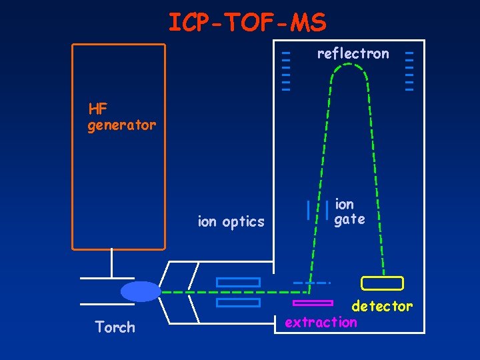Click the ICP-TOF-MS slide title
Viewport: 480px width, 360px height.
click(x=247, y=23)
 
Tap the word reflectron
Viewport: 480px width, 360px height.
click(x=353, y=53)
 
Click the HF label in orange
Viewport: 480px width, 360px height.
click(x=98, y=108)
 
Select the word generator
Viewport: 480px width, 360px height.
click(x=121, y=125)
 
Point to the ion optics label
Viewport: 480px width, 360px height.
click(x=231, y=222)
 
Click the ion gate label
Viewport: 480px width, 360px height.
click(x=349, y=211)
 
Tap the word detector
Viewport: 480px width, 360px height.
click(x=382, y=306)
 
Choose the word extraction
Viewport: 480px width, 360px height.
click(x=321, y=322)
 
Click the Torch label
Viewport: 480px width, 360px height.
click(x=115, y=327)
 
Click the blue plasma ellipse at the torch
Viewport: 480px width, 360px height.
click(x=141, y=291)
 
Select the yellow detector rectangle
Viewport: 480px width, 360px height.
click(x=382, y=283)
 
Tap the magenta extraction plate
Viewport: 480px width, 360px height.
click(x=313, y=303)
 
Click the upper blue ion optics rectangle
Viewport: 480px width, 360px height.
click(x=238, y=282)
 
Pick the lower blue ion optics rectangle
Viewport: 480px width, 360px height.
click(x=238, y=303)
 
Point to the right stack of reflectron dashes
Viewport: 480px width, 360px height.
click(x=409, y=71)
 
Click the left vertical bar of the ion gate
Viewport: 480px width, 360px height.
click(x=307, y=209)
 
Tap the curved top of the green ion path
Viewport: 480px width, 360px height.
click(x=353, y=67)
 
